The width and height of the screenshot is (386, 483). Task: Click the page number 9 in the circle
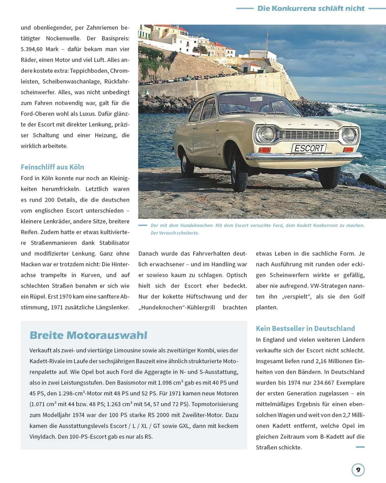click(358, 470)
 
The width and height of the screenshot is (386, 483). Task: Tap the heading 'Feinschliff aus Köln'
click(52, 167)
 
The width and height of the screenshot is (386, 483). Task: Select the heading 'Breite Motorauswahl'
click(88, 335)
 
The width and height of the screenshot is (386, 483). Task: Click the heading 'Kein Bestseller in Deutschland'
click(305, 328)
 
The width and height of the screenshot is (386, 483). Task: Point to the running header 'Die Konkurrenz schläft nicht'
click(311, 8)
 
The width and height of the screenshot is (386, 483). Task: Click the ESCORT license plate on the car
click(309, 148)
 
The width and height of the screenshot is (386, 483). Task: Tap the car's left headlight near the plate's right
click(349, 136)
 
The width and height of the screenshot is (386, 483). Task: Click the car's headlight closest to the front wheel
click(265, 134)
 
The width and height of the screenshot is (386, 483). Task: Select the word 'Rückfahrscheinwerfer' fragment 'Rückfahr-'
click(117, 81)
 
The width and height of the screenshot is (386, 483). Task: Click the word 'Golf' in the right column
click(359, 297)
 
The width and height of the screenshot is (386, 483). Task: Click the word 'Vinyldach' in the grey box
click(42, 437)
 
